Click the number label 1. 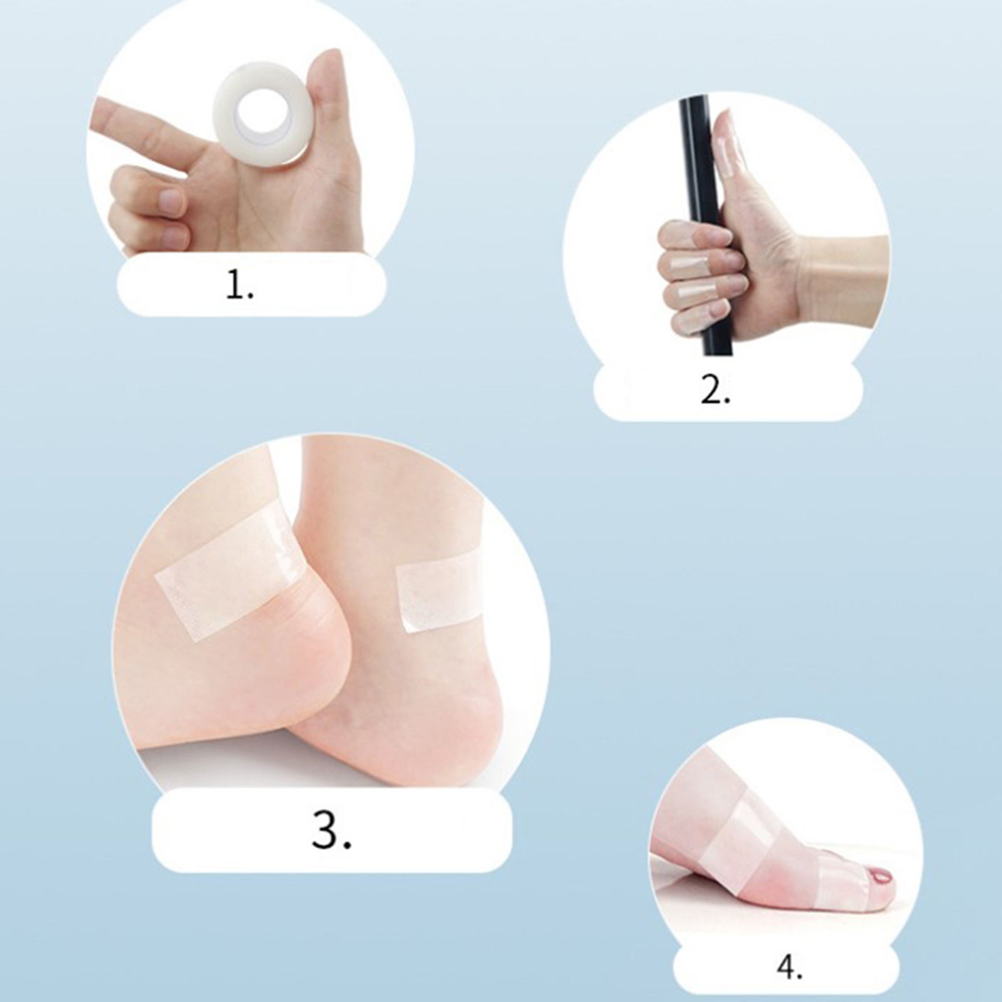click(x=240, y=286)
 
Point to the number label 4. click(x=790, y=968)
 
